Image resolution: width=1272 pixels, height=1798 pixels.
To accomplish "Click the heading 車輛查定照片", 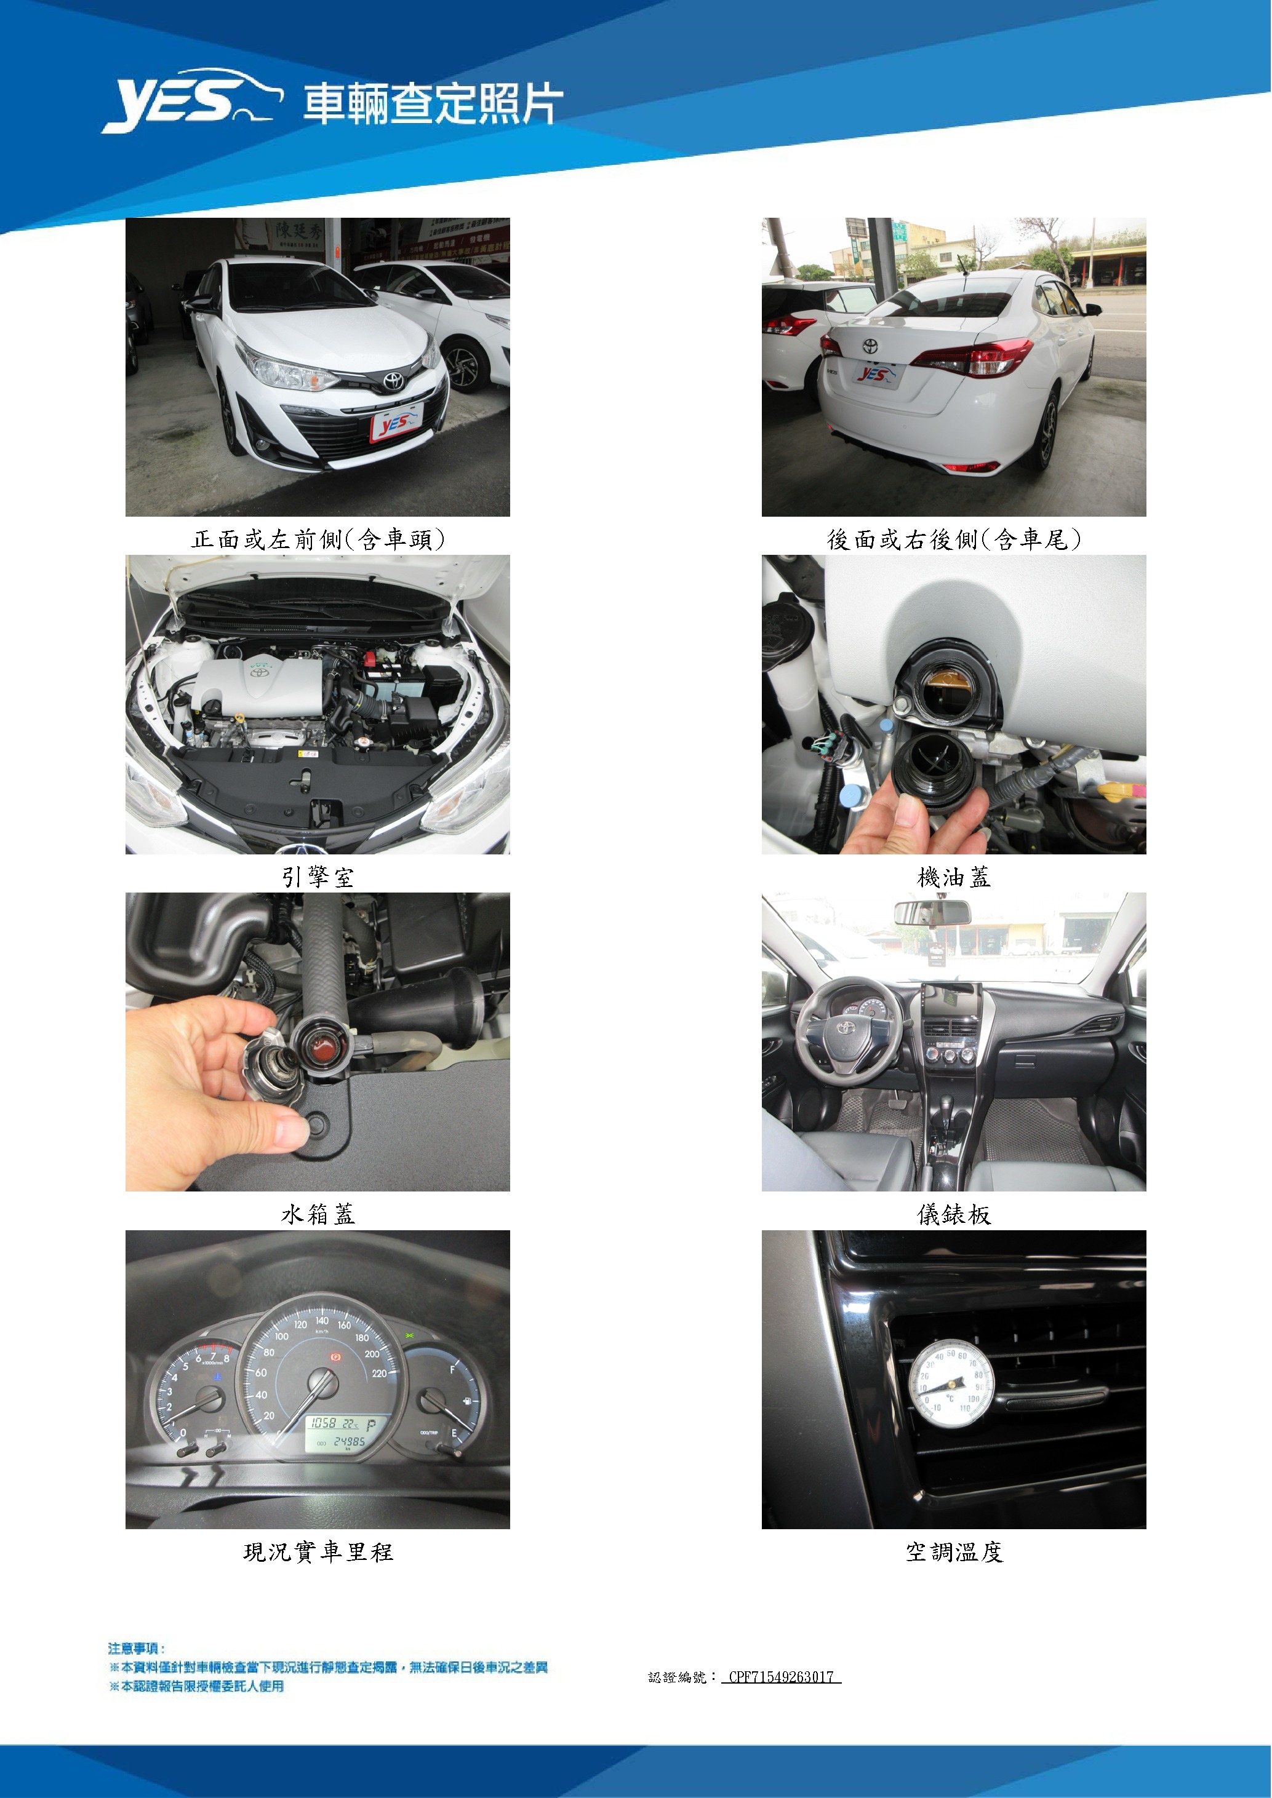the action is (x=433, y=104).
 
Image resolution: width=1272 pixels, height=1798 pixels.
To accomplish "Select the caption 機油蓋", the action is (x=953, y=877).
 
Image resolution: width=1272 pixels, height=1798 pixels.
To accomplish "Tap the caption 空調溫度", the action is (x=953, y=1551).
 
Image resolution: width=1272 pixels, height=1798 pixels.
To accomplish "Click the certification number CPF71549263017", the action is (x=781, y=1677).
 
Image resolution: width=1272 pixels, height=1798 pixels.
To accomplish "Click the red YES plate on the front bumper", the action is (x=397, y=423).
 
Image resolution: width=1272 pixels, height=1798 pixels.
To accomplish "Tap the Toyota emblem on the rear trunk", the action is (x=870, y=345).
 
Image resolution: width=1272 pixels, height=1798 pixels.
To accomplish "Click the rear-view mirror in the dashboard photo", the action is (x=932, y=912).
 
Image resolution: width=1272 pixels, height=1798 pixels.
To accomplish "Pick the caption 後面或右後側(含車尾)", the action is (x=953, y=539).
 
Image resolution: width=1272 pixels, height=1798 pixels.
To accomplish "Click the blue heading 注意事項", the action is (x=136, y=1649).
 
